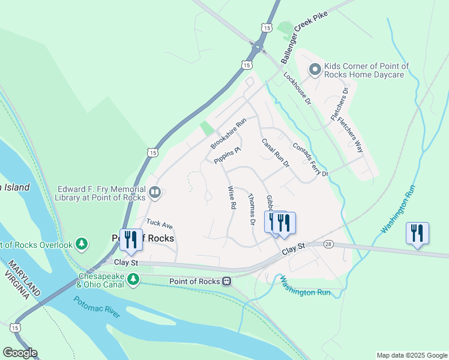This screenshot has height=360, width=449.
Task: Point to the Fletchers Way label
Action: coord(350,134)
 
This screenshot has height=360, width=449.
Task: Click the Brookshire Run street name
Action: coord(228,134)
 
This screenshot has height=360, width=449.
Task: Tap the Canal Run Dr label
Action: coord(276,153)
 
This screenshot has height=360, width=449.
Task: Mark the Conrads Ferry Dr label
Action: coord(310,160)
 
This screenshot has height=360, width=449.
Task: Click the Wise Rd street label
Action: coord(231,197)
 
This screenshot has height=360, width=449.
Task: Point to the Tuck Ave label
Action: coord(160,223)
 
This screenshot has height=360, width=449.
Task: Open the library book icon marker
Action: coord(155,192)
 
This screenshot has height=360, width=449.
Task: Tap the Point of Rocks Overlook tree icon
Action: coord(82,244)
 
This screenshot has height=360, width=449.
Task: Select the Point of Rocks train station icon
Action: coord(226,281)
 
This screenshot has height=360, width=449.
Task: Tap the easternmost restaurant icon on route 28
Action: coord(417,233)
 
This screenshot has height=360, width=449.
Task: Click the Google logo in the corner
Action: coord(20,353)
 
